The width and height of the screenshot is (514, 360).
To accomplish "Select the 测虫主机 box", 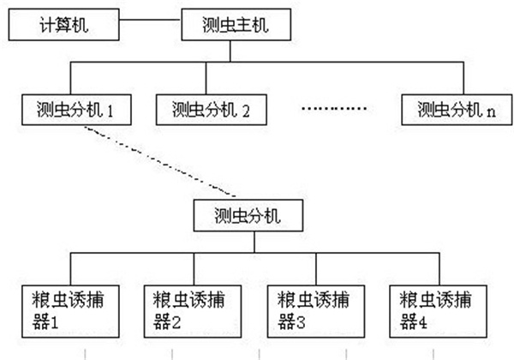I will click(x=238, y=26).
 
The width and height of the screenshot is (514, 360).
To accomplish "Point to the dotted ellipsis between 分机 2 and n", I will click(x=335, y=110).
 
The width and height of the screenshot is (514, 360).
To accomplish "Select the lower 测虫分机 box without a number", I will click(x=248, y=213).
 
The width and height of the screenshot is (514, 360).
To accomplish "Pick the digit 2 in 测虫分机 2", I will click(x=246, y=110).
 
